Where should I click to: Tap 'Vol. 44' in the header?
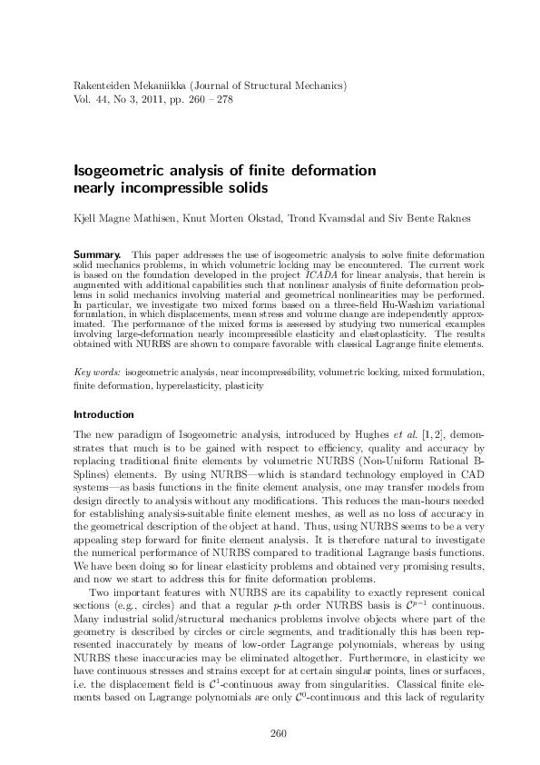coord(90,98)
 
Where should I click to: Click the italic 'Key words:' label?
coord(95,373)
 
